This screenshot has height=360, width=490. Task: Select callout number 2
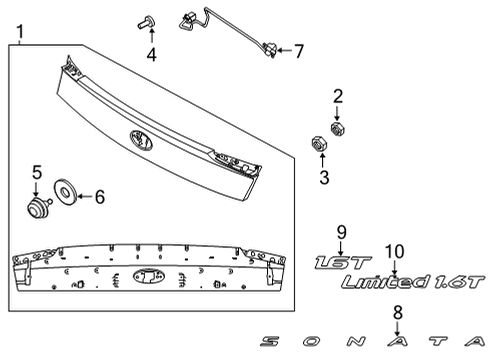pos(337,96)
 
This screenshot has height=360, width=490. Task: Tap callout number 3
pos(323,178)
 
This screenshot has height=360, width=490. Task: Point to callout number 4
pos(151,53)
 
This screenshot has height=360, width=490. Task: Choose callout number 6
pos(99,197)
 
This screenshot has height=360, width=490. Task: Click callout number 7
pos(297,49)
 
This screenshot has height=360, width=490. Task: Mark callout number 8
pos(398,312)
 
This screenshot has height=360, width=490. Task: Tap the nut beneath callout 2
pos(338,129)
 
